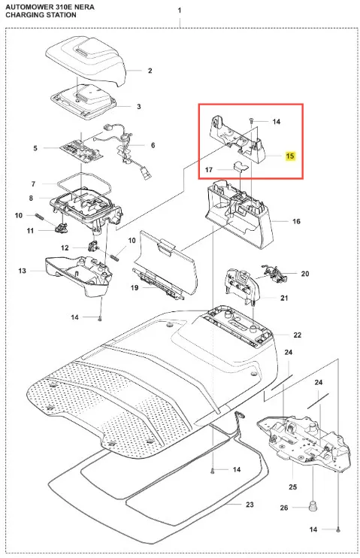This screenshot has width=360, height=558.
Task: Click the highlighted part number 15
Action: (x=290, y=156)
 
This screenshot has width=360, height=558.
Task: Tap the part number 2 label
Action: (x=150, y=71)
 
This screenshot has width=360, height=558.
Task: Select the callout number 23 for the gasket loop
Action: (x=250, y=505)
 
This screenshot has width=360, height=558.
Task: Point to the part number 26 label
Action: (x=284, y=508)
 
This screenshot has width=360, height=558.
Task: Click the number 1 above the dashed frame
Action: (x=180, y=11)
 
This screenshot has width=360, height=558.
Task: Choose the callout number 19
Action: (x=134, y=287)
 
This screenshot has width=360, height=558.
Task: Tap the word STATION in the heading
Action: (x=60, y=15)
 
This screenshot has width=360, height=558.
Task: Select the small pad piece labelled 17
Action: (x=239, y=166)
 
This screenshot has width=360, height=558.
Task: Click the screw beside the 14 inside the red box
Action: (x=252, y=120)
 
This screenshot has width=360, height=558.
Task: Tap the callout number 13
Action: (x=22, y=271)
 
